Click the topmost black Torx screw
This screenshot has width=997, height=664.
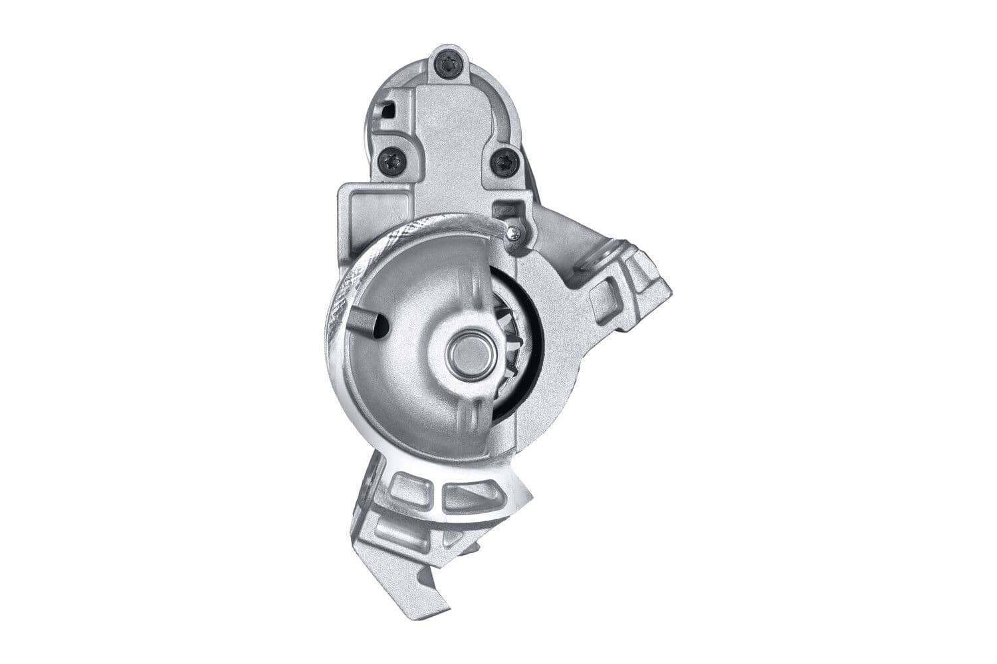[x=445, y=64]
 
